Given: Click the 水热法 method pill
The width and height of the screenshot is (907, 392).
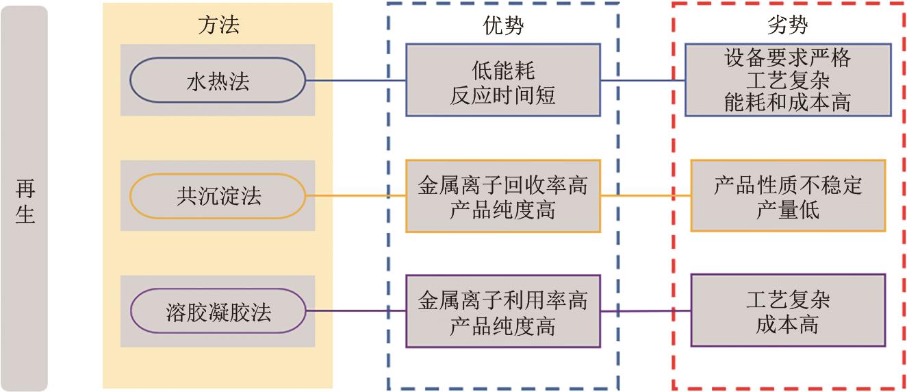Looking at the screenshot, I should tap(218, 81).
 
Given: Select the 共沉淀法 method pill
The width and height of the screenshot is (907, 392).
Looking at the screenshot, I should tap(218, 197).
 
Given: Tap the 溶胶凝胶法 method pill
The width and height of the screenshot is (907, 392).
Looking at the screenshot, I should tap(218, 313).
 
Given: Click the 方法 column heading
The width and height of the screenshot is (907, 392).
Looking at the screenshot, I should tap(218, 25).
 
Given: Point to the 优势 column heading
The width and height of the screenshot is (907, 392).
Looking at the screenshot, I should tap(503, 25).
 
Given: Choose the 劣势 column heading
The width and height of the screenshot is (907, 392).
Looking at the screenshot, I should tap(788, 25).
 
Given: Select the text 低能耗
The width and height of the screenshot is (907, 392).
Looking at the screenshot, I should tap(503, 70).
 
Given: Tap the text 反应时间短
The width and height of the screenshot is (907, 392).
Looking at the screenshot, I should tap(503, 95).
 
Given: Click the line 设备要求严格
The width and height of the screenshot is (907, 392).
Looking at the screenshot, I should tap(788, 58).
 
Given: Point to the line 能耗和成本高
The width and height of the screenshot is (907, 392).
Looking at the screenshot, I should tap(788, 102).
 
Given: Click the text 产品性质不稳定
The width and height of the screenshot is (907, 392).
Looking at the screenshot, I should tap(788, 185).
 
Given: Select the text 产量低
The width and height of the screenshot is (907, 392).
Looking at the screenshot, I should tap(788, 210).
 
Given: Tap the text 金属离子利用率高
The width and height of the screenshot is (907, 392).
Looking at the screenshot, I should tap(503, 300).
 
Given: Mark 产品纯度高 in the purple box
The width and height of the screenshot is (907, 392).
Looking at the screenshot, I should tap(503, 326).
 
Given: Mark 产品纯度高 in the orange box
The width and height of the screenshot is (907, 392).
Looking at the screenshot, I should tap(503, 210).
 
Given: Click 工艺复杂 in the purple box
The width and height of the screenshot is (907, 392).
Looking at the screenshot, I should tap(788, 299).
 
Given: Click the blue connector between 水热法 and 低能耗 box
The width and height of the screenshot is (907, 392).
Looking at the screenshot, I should tap(355, 81).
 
